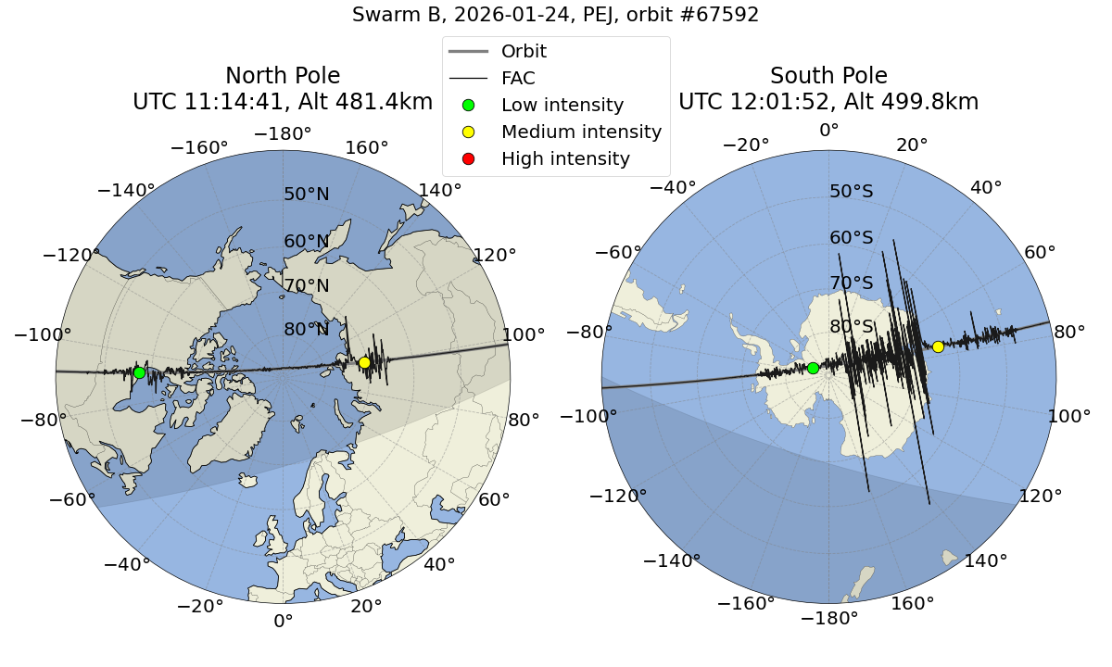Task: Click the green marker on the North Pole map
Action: (x=139, y=372)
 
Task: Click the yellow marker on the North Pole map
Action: (x=364, y=362)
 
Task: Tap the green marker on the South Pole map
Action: (x=813, y=368)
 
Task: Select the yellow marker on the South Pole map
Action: (x=938, y=346)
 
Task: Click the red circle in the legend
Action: (x=468, y=158)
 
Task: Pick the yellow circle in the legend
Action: (x=468, y=132)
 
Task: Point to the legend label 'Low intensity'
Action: (x=562, y=105)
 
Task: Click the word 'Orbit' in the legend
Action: (x=524, y=51)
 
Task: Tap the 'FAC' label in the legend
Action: (x=518, y=78)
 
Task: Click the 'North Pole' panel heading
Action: (x=283, y=76)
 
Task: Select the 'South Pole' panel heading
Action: (x=828, y=76)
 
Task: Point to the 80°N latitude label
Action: (x=307, y=329)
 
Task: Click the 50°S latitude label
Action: (x=852, y=192)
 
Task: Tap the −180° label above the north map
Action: (x=283, y=134)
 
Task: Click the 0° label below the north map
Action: (x=283, y=621)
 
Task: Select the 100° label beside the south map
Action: (x=1067, y=416)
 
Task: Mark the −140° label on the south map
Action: (x=671, y=560)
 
